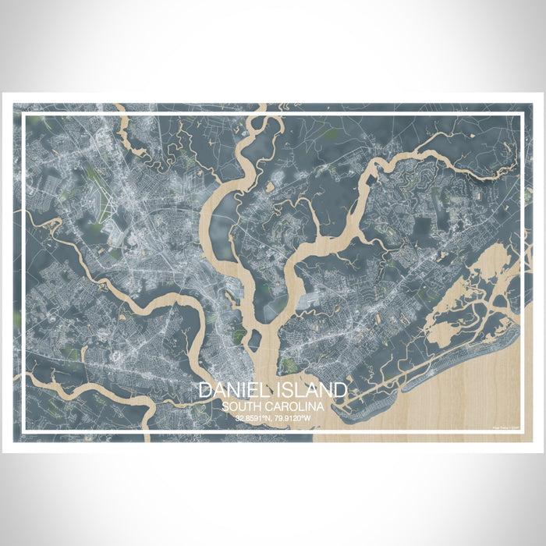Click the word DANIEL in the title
click(x=231, y=391)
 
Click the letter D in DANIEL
click(x=204, y=391)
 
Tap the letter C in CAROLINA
click(x=269, y=406)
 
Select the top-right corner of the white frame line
click(x=520, y=115)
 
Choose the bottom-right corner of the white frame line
click(x=520, y=431)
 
